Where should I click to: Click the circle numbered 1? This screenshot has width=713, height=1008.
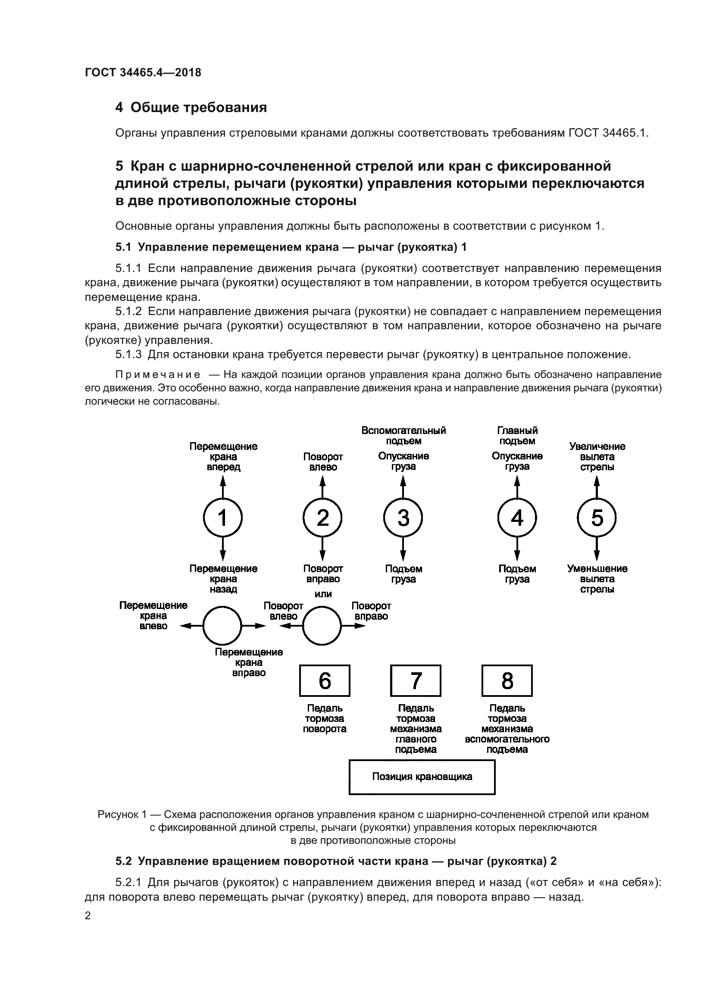pyautogui.click(x=222, y=518)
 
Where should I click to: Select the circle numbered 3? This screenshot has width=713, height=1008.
pyautogui.click(x=403, y=518)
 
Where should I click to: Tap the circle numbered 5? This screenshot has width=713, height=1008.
pyautogui.click(x=597, y=518)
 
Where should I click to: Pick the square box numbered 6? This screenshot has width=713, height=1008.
pyautogui.click(x=325, y=680)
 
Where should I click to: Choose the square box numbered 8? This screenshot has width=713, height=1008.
pyautogui.click(x=507, y=680)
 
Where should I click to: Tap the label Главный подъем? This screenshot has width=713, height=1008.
pyautogui.click(x=517, y=436)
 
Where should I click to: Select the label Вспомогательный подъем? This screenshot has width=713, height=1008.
pyautogui.click(x=403, y=436)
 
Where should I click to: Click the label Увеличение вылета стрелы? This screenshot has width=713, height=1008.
pyautogui.click(x=597, y=456)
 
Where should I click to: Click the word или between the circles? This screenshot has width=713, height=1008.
pyautogui.click(x=323, y=594)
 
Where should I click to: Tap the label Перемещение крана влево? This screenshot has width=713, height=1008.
pyautogui.click(x=153, y=615)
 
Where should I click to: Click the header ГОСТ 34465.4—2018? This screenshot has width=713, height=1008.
pyautogui.click(x=143, y=72)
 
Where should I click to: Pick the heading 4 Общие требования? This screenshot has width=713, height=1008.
pyautogui.click(x=191, y=108)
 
